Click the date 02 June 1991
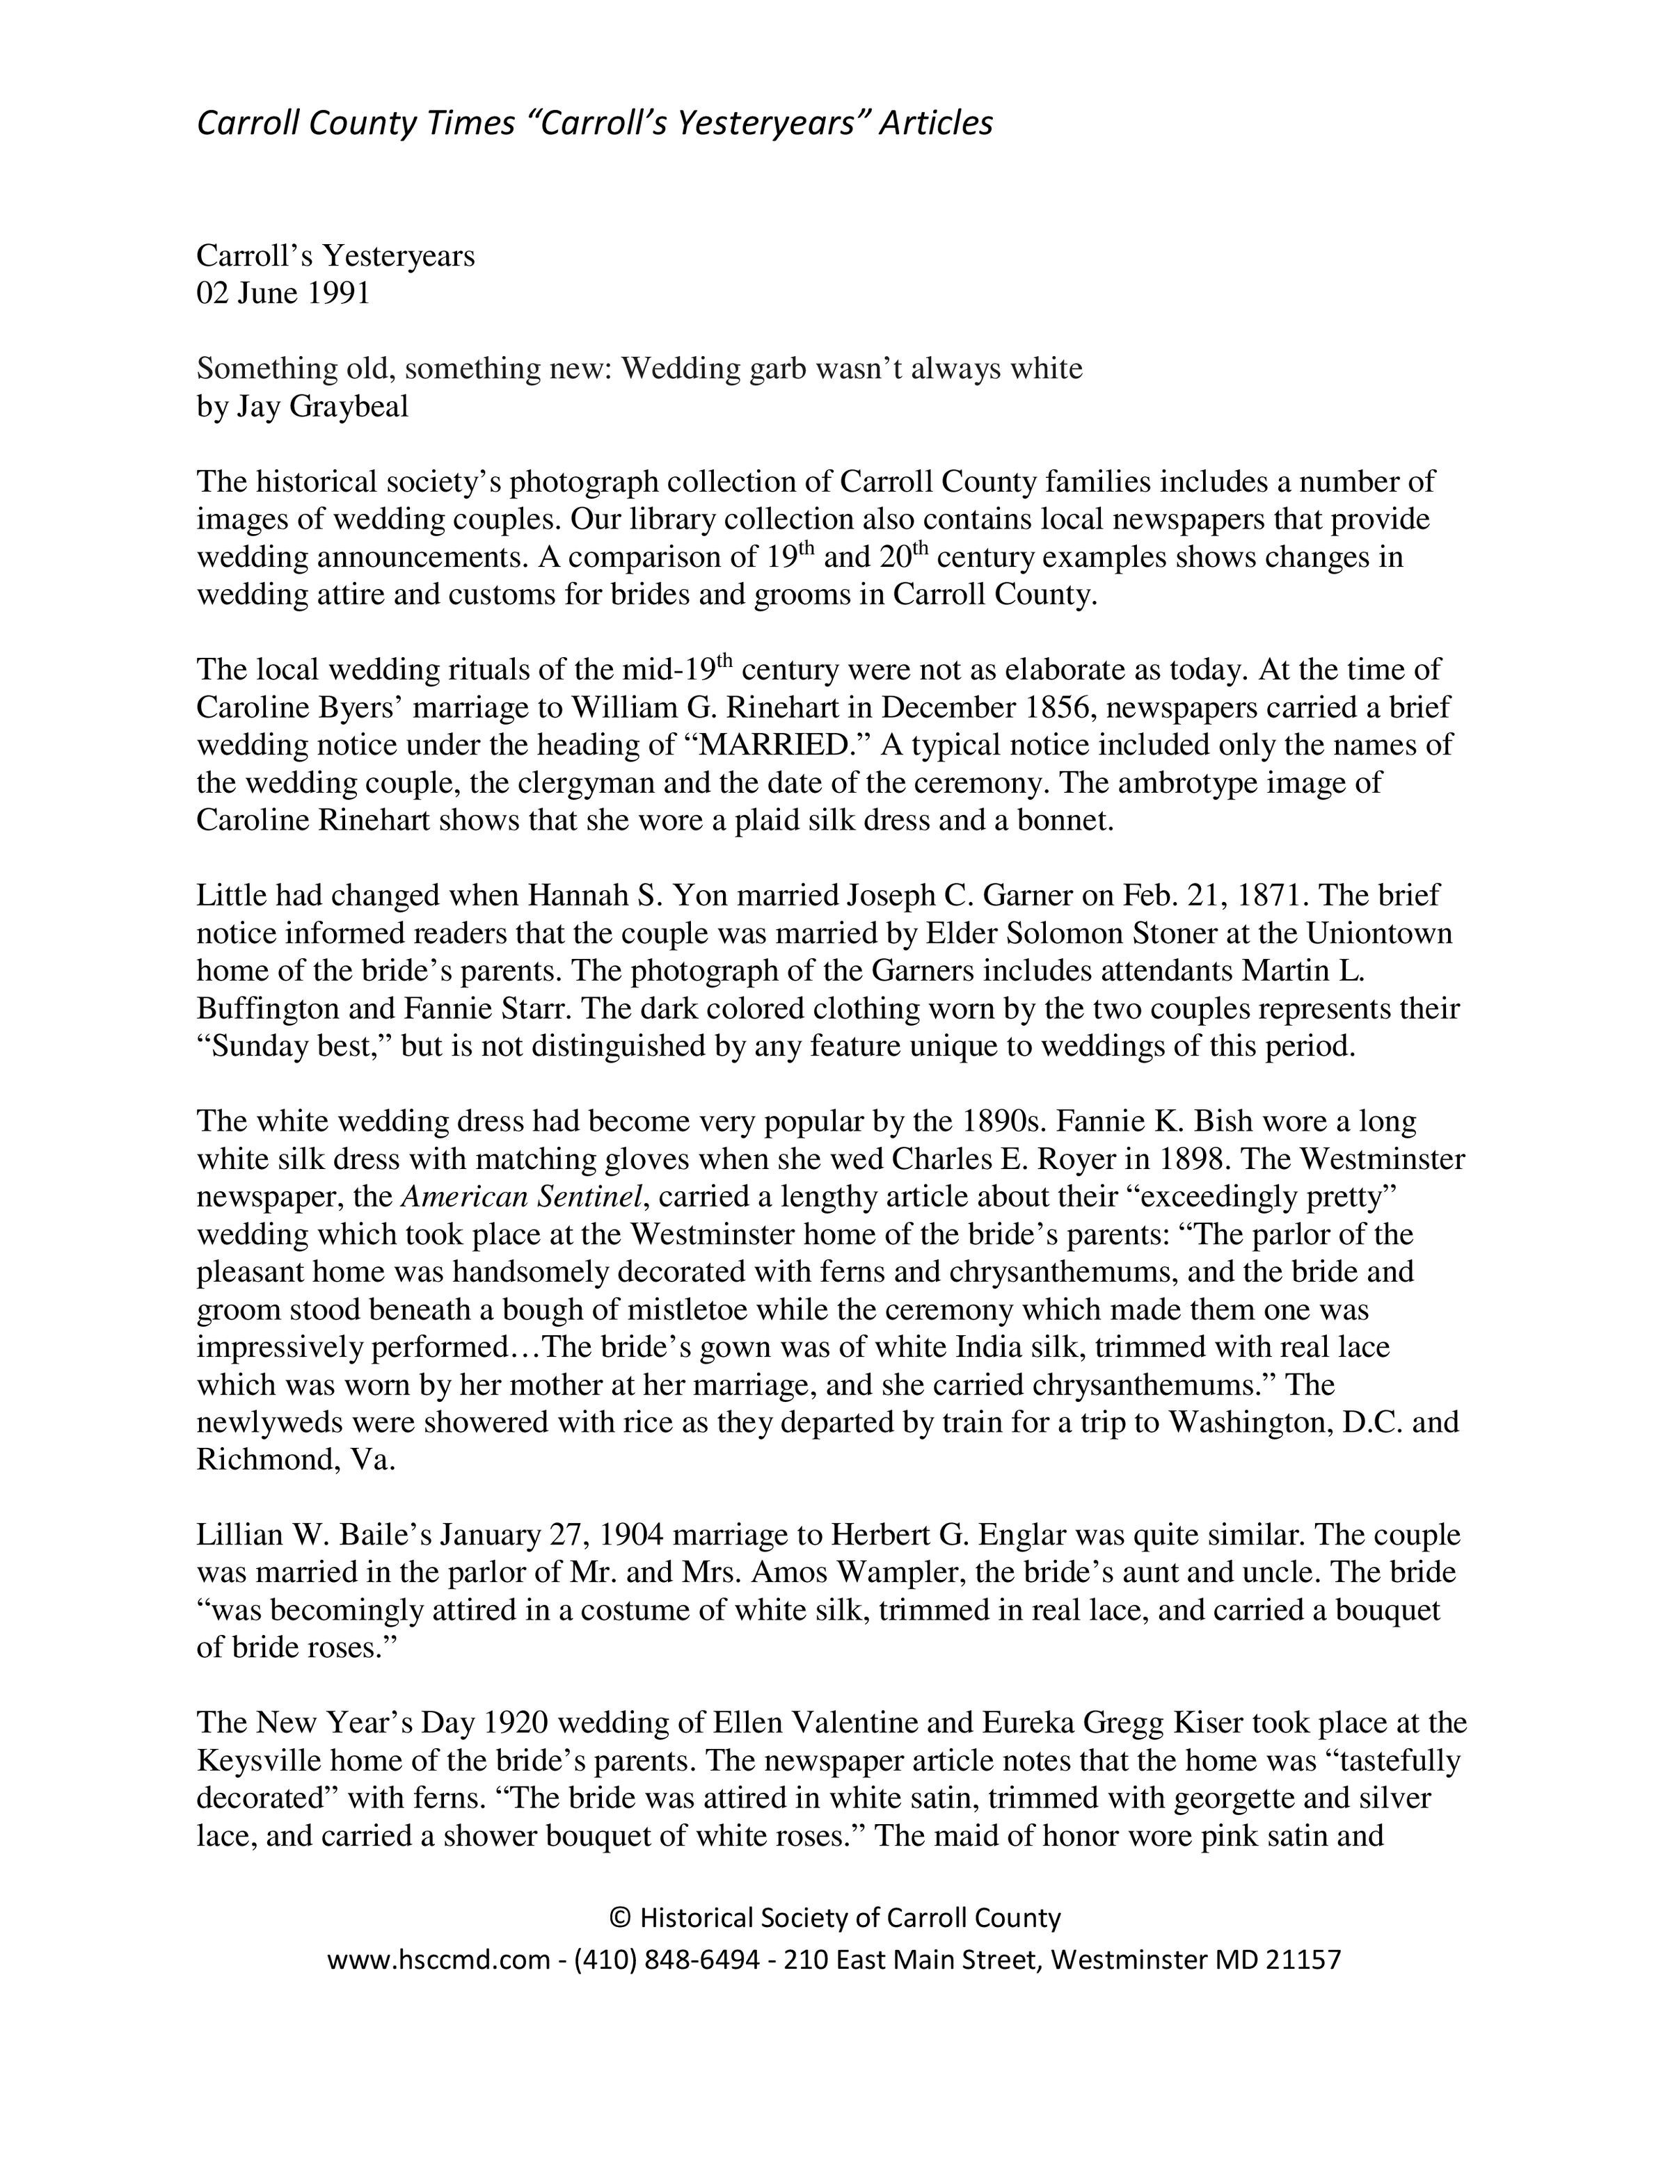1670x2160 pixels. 283,293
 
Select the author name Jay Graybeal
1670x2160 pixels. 323,407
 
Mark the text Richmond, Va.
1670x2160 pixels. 296,1460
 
